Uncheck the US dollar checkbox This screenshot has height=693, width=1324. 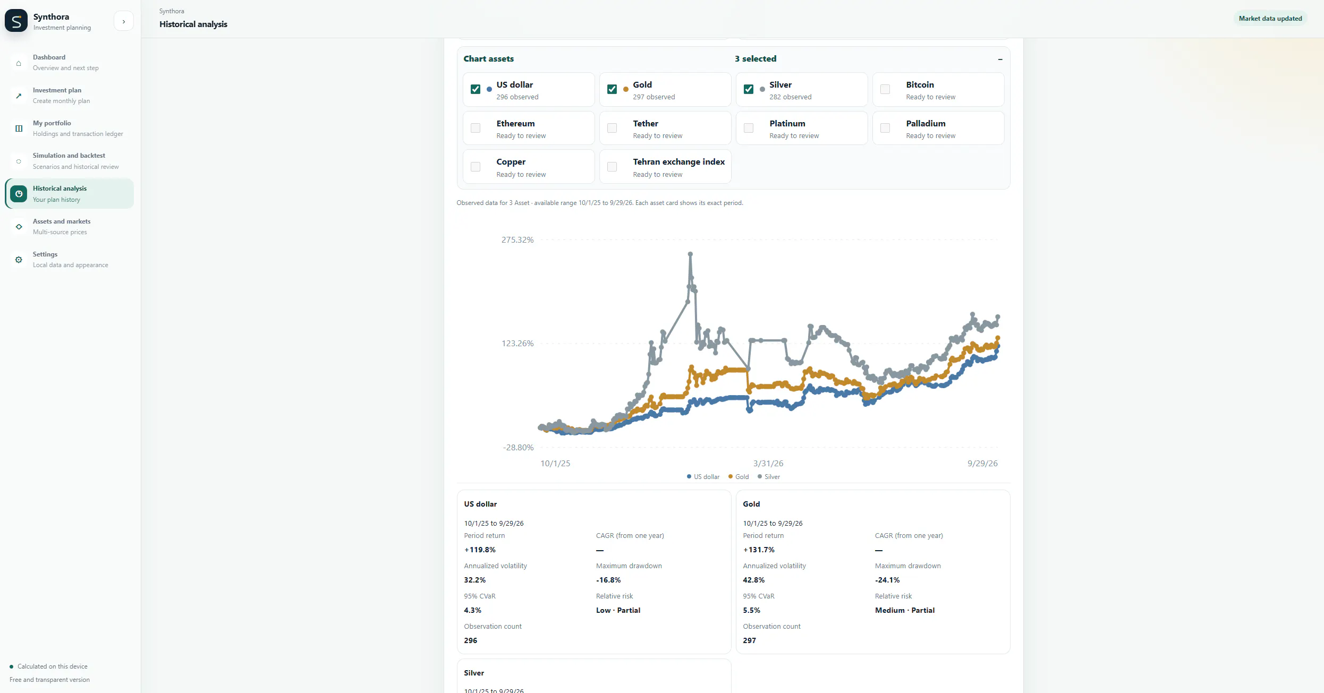[476, 89]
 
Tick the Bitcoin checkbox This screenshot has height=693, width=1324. [885, 89]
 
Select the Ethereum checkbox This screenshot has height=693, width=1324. [476, 128]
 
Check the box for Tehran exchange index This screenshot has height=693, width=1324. [612, 167]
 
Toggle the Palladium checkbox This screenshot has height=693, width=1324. [885, 128]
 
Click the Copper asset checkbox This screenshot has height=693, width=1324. [476, 167]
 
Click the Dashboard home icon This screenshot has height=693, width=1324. [19, 63]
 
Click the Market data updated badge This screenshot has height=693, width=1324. [1270, 19]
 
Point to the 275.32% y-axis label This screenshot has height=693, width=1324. [517, 240]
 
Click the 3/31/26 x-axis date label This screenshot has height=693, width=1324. [768, 464]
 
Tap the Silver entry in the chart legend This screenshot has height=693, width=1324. [769, 477]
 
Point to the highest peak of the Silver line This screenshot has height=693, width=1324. [690, 254]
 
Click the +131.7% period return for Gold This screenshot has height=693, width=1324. [759, 550]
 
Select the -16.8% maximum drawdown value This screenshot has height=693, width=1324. [608, 580]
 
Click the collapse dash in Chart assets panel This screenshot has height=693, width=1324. [1000, 59]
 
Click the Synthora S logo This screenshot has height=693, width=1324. [16, 21]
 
